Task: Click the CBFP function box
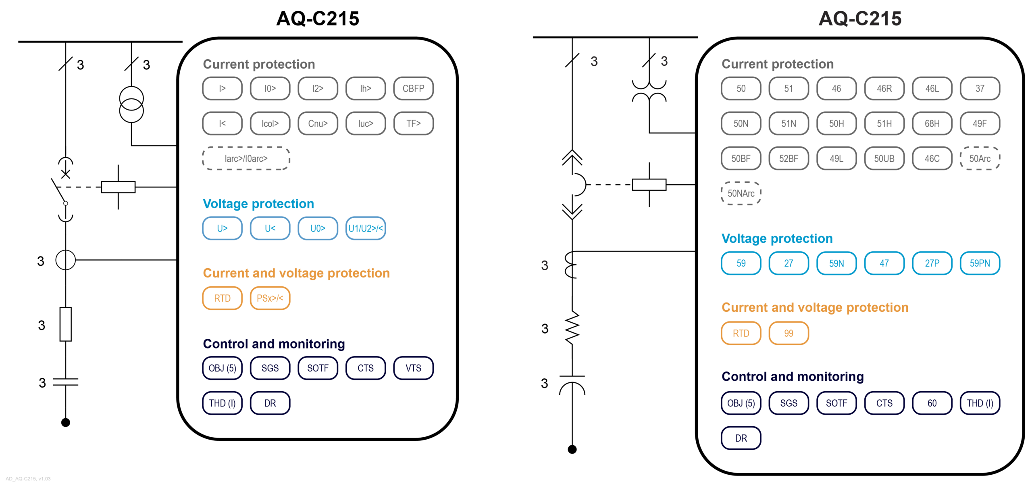pos(413,88)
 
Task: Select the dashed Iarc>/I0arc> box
pos(246,159)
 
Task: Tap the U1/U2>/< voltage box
pos(365,228)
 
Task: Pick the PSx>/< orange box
pos(270,298)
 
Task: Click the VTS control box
pos(413,368)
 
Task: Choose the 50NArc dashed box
pos(741,193)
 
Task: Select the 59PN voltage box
pos(979,263)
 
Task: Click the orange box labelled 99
pos(788,333)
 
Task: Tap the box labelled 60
pos(932,403)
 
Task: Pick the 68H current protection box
pos(932,123)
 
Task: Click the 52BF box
pos(788,159)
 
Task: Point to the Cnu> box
pos(318,123)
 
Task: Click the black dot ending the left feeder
pos(66,422)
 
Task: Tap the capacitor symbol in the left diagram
pos(66,382)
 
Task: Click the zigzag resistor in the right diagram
pos(572,328)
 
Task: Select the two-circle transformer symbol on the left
pos(131,104)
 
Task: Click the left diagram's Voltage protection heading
pos(258,204)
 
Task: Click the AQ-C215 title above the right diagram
pos(859,19)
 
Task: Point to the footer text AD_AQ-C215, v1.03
pos(28,479)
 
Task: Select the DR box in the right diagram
pos(741,438)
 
